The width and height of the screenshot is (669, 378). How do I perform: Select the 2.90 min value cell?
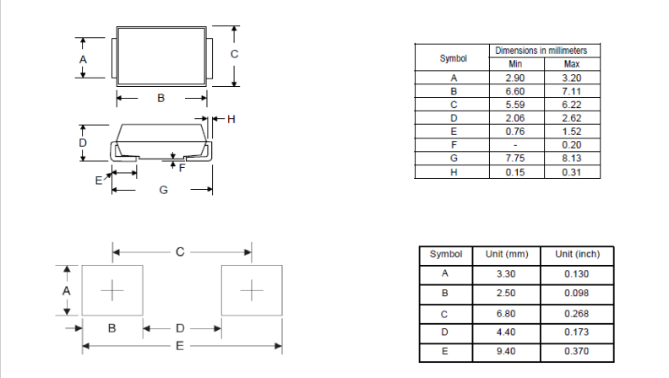[514, 78]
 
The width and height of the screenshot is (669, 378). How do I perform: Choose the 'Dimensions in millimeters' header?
[547, 51]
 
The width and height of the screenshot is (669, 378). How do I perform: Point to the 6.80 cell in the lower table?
[506, 313]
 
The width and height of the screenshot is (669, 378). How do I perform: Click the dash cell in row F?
[514, 144]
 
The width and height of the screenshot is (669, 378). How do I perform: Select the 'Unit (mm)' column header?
[506, 254]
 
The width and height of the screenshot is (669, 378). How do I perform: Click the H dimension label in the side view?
[229, 119]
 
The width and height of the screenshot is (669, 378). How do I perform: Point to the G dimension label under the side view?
[163, 191]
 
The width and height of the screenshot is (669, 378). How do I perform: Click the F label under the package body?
[182, 167]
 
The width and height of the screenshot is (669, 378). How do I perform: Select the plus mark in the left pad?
[111, 290]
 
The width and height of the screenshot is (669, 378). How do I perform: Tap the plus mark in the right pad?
[252, 290]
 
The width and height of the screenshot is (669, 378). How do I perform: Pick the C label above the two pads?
[180, 251]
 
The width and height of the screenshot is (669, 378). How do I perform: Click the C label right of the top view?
[235, 54]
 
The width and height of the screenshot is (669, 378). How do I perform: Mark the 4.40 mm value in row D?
[506, 332]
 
